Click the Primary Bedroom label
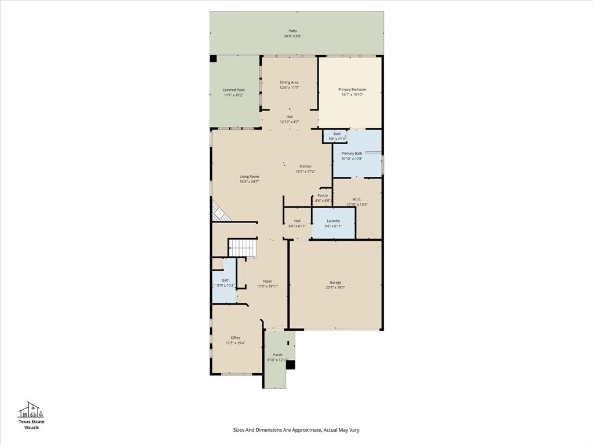352,89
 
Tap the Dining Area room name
289,82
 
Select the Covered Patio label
233,90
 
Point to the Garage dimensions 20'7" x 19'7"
335,287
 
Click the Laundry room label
333,221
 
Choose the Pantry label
323,195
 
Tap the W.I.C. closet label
357,199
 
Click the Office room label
235,338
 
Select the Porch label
278,355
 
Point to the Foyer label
268,281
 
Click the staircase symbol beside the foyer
241,247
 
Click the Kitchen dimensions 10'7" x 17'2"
305,172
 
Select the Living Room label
249,176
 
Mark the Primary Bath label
352,154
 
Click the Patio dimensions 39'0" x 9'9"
292,36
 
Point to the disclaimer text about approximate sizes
296,430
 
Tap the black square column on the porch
291,364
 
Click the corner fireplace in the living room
219,211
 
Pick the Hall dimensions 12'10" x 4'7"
289,122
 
